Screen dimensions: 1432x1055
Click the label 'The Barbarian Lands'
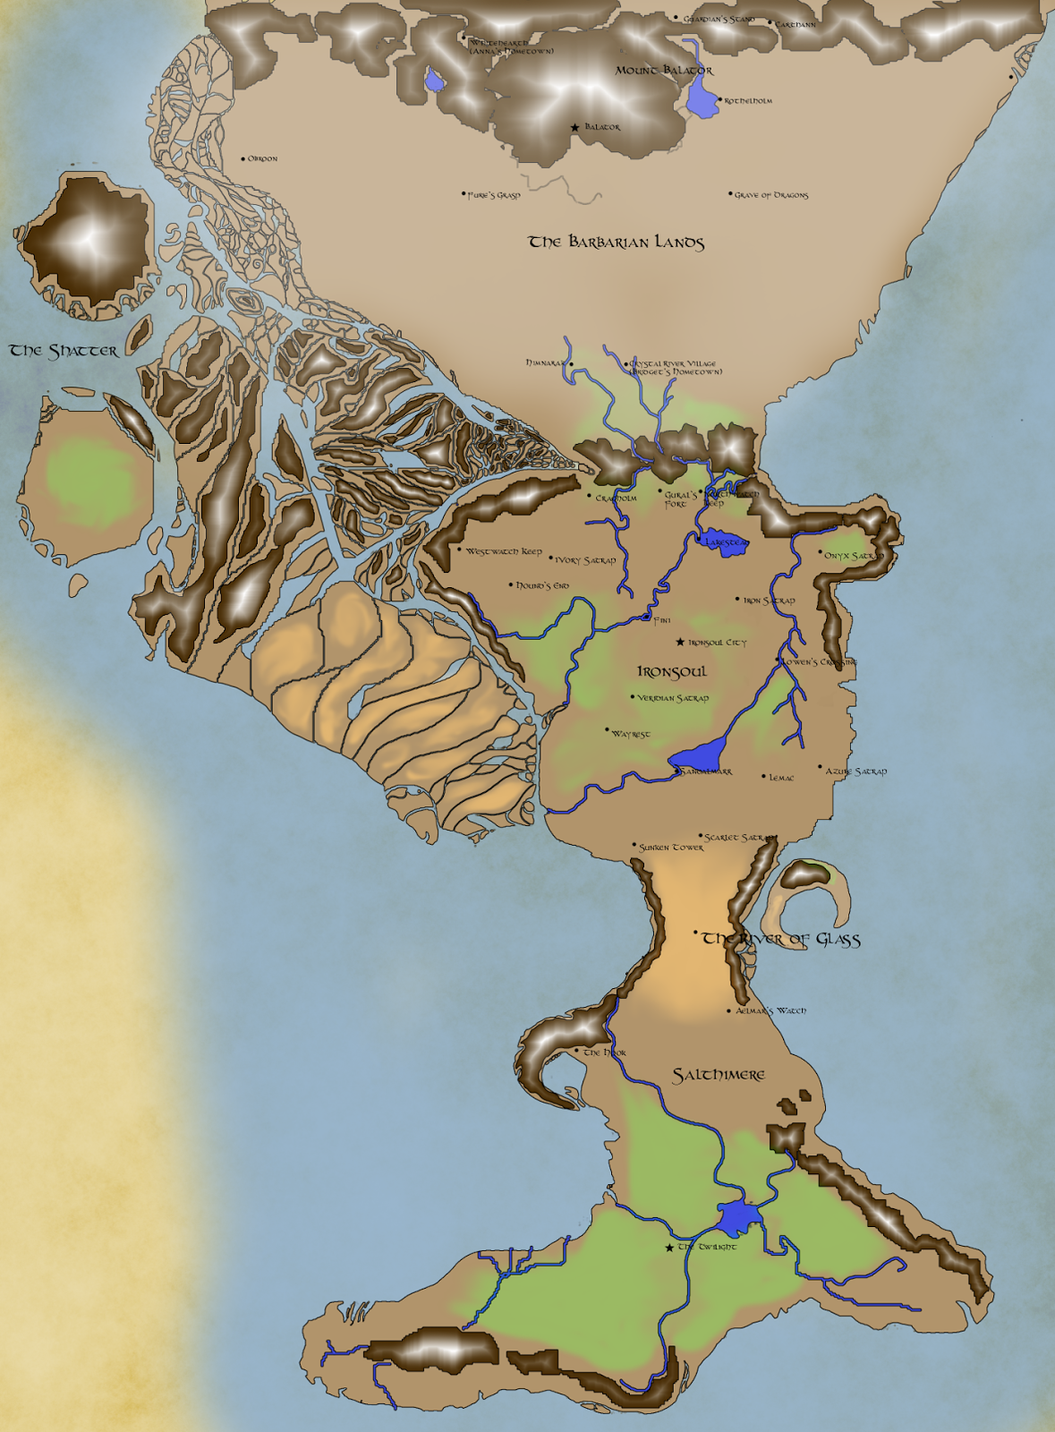coord(617,242)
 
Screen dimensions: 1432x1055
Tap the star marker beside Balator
coord(574,127)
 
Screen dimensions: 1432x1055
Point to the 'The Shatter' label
coord(64,351)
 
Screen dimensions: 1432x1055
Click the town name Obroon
coord(262,159)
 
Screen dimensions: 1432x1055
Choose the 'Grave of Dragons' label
coord(771,195)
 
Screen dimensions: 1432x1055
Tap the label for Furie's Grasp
coord(494,195)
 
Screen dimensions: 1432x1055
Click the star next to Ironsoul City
coord(680,642)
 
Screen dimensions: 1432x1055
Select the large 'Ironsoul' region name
coord(672,671)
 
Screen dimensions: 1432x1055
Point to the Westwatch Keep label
coord(504,551)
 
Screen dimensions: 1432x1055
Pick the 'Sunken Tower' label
coord(671,847)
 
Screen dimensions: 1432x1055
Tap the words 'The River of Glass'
coord(781,939)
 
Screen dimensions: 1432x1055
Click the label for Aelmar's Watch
coord(770,1010)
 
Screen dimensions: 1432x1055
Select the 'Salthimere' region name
coord(719,1075)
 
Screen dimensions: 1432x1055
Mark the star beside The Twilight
coord(669,1248)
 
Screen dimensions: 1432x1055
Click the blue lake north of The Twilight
coord(739,1217)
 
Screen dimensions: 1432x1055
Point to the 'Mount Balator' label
coord(664,70)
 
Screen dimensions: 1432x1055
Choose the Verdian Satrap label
coord(673,698)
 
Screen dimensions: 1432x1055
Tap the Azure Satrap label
coord(856,771)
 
